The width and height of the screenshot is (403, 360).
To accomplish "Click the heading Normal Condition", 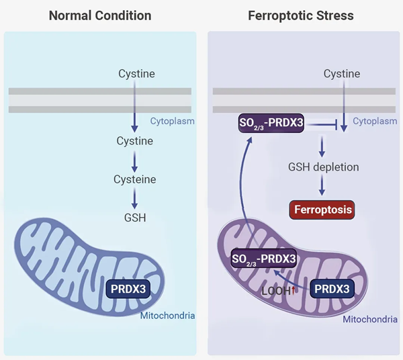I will (100, 15).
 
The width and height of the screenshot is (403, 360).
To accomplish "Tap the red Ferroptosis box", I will (322, 210).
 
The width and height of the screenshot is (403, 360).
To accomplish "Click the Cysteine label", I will (135, 179).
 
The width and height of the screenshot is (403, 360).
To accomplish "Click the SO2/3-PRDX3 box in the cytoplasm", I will (271, 123).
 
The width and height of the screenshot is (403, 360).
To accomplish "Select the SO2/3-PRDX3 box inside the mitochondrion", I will (263, 259).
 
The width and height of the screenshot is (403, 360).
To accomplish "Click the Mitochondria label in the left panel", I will (168, 314).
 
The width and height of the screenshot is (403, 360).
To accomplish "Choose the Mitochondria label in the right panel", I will (370, 319).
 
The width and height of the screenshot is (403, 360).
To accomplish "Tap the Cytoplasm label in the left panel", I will (172, 122).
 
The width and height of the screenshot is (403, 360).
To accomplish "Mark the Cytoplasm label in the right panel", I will (375, 122).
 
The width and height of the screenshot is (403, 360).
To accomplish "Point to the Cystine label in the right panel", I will (342, 73).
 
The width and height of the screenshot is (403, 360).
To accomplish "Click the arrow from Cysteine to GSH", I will (135, 198).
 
